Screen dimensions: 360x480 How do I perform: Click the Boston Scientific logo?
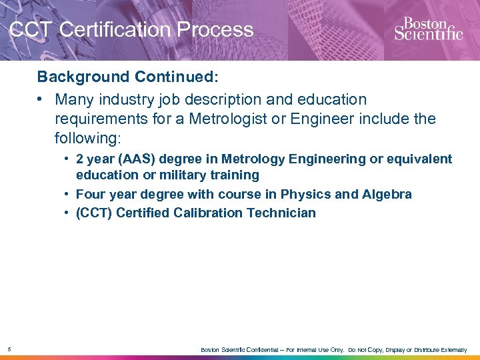(x=428, y=28)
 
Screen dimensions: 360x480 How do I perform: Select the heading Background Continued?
(x=127, y=77)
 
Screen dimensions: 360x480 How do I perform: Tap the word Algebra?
(x=387, y=195)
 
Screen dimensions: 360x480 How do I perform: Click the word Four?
(x=90, y=195)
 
